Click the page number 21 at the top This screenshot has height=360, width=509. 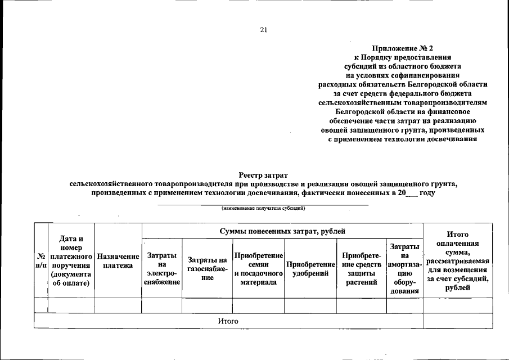tap(263, 30)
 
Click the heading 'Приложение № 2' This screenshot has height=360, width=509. tap(402, 48)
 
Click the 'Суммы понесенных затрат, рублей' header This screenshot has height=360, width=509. tap(282, 231)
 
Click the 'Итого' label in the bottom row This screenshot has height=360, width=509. tap(228, 321)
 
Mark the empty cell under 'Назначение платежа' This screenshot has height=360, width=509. tap(118, 305)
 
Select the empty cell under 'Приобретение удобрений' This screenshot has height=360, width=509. tap(310, 305)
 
